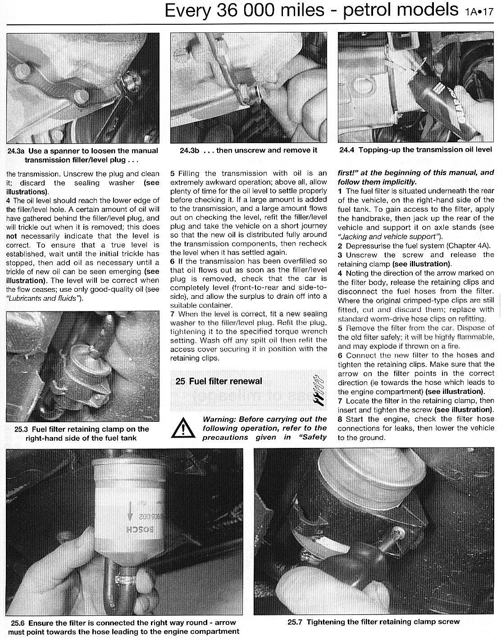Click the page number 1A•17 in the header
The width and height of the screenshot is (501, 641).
point(479,12)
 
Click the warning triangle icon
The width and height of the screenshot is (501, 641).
point(183,428)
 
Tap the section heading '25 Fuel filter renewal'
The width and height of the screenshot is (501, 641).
point(219,381)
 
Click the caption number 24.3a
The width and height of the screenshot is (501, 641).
point(15,151)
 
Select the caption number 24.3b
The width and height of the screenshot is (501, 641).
point(190,150)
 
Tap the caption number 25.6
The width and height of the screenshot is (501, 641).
point(18,623)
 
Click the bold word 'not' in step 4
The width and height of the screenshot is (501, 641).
point(12,236)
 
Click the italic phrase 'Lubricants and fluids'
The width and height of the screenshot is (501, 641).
point(43,298)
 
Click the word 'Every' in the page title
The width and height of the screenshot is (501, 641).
point(188,11)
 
